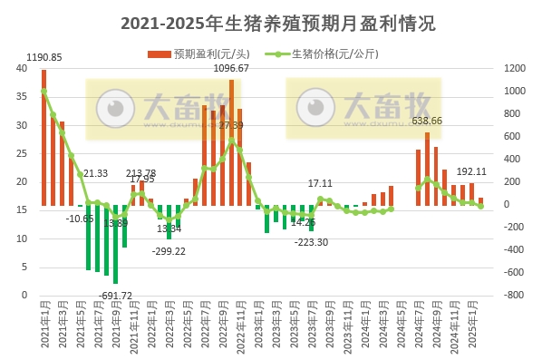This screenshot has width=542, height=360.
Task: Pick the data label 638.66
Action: click(427, 121)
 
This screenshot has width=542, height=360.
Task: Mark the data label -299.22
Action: click(169, 250)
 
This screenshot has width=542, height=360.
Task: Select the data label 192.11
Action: click(470, 171)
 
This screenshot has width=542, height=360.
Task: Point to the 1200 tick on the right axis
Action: click(514, 69)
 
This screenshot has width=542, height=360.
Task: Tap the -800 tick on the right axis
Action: click(514, 296)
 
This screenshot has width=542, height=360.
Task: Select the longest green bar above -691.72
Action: click(115, 244)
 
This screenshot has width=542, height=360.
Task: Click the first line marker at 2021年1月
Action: click(44, 92)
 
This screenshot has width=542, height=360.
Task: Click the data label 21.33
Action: click(95, 173)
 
